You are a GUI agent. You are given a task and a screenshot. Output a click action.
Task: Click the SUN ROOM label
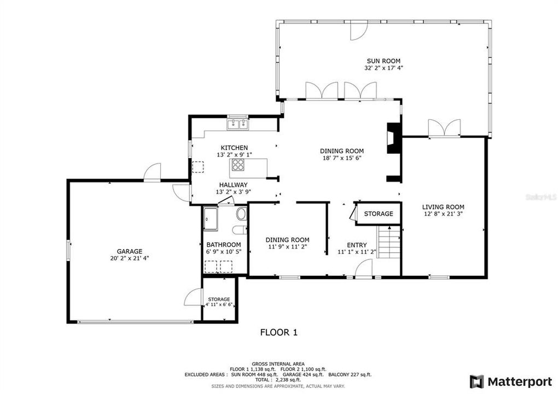pyautogui.click(x=383, y=61)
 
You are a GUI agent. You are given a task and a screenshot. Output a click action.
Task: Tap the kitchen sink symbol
pyautogui.click(x=238, y=124)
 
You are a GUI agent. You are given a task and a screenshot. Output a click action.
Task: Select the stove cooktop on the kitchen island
pyautogui.click(x=238, y=165)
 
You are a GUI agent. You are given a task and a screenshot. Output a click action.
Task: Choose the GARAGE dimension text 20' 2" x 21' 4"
pyautogui.click(x=129, y=258)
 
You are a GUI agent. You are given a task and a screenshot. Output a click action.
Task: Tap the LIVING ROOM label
pyautogui.click(x=443, y=207)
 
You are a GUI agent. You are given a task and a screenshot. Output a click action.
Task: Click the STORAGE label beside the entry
pyautogui.click(x=379, y=213)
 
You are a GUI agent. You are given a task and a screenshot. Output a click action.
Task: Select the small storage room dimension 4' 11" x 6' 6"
pyautogui.click(x=219, y=305)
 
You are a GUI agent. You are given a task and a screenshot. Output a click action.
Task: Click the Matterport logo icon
pyautogui.click(x=476, y=381)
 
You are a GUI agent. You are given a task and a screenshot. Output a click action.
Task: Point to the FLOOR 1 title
pyautogui.click(x=278, y=332)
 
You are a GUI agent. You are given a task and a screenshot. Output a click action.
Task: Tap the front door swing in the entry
pyautogui.click(x=364, y=269)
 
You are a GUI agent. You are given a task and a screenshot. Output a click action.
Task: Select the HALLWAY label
pyautogui.click(x=234, y=185)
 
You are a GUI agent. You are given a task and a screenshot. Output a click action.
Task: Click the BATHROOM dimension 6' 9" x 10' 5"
pyautogui.click(x=223, y=252)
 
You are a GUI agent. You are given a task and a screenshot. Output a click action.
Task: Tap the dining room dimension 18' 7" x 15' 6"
pyautogui.click(x=342, y=158)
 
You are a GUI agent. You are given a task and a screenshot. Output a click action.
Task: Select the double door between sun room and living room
pyautogui.click(x=444, y=128)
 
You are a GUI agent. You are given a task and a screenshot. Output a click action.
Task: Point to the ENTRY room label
pyautogui.click(x=357, y=245)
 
